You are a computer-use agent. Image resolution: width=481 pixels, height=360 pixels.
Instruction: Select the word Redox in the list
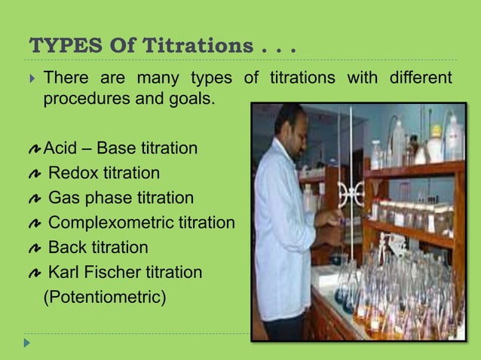point(72,173)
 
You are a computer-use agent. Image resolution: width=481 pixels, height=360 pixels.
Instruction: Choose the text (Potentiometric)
point(104,297)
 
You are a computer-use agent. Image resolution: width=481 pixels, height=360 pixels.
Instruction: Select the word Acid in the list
point(61,148)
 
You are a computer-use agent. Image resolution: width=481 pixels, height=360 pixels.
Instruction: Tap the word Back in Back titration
point(67,247)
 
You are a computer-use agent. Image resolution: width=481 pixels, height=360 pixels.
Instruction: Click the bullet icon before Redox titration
point(32,174)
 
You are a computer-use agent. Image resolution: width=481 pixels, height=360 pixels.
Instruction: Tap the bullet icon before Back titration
point(32,248)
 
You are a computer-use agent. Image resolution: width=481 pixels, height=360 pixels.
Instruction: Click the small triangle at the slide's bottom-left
point(27,343)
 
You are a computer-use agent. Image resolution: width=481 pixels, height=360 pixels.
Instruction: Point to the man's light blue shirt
point(282,226)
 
